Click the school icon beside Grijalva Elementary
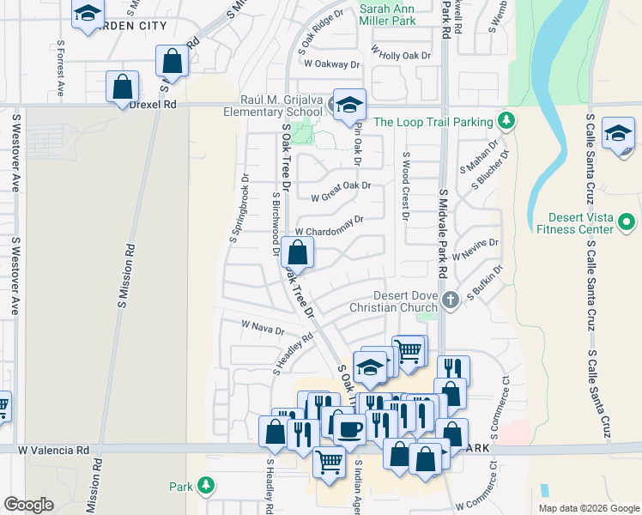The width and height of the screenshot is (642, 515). [x=348, y=105]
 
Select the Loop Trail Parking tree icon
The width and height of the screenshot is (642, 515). [x=507, y=121]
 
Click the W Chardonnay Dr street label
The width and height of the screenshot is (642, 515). [x=330, y=220]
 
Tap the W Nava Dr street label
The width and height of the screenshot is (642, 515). [x=263, y=327]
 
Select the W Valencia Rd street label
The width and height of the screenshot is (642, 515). [x=53, y=450]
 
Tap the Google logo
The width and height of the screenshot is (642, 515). [x=28, y=505]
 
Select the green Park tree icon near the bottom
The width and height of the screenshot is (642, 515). [x=205, y=487]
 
